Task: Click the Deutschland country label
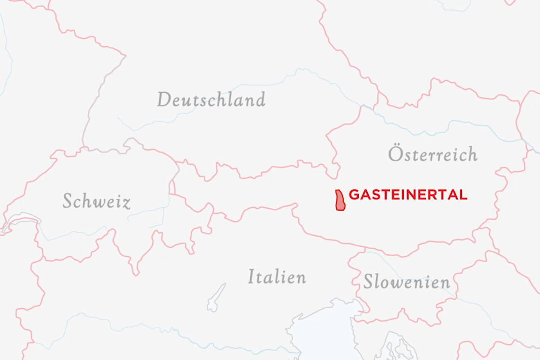(211, 99)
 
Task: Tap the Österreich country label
(432, 154)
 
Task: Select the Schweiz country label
(96, 201)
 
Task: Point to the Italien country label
(277, 276)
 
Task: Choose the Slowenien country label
(406, 282)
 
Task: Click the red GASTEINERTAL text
(408, 195)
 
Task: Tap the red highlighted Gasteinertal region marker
(340, 200)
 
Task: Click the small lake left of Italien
(216, 298)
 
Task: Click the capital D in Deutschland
(164, 99)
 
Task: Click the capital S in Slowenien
(369, 282)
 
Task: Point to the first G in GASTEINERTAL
(354, 195)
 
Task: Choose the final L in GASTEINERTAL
(463, 195)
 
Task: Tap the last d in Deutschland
(260, 99)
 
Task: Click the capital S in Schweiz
(67, 201)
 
